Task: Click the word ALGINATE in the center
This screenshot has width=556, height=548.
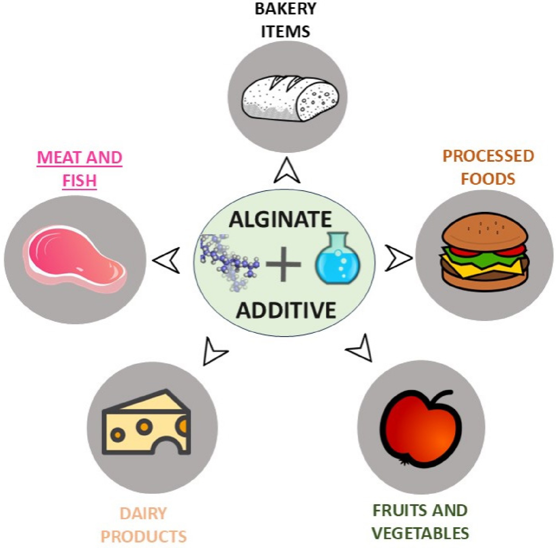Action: [x=280, y=219]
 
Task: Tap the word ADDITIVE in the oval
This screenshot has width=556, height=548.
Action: [x=286, y=310]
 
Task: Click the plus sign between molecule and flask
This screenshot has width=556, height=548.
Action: [x=283, y=264]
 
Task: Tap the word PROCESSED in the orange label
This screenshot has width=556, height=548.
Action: [x=488, y=156]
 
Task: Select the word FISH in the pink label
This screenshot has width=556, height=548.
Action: [x=79, y=181]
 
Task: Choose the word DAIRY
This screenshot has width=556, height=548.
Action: [x=143, y=513]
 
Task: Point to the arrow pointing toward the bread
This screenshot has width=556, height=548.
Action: [x=287, y=171]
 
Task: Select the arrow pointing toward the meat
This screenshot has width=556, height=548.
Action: [x=167, y=260]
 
